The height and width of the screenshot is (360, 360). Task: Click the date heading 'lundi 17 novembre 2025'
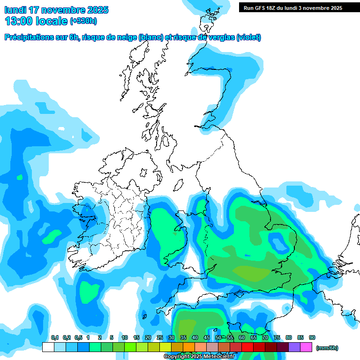coord(56,10)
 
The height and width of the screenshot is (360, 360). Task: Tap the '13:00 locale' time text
coord(36,21)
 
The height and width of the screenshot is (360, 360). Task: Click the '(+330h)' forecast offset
coord(83,21)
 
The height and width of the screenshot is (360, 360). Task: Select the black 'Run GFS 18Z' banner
coord(293,7)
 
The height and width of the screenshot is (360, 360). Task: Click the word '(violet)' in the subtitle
coord(248,37)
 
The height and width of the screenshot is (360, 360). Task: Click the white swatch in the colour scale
coord(48,347)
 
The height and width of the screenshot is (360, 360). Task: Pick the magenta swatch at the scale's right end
coord(306,347)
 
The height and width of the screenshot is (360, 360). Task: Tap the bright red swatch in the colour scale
coord(247,347)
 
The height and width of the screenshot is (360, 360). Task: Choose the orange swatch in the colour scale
coord(189,347)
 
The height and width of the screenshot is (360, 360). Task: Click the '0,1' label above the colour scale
coord(54,337)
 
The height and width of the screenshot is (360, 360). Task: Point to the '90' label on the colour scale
coord(312,337)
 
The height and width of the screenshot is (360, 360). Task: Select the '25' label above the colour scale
coord(160,337)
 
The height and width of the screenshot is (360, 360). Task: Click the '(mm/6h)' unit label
coord(327,348)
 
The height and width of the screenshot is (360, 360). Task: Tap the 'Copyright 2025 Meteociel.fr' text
coord(199,356)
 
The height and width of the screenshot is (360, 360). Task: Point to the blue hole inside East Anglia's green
coord(277,243)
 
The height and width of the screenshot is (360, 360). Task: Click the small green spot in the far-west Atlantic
coord(19,177)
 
